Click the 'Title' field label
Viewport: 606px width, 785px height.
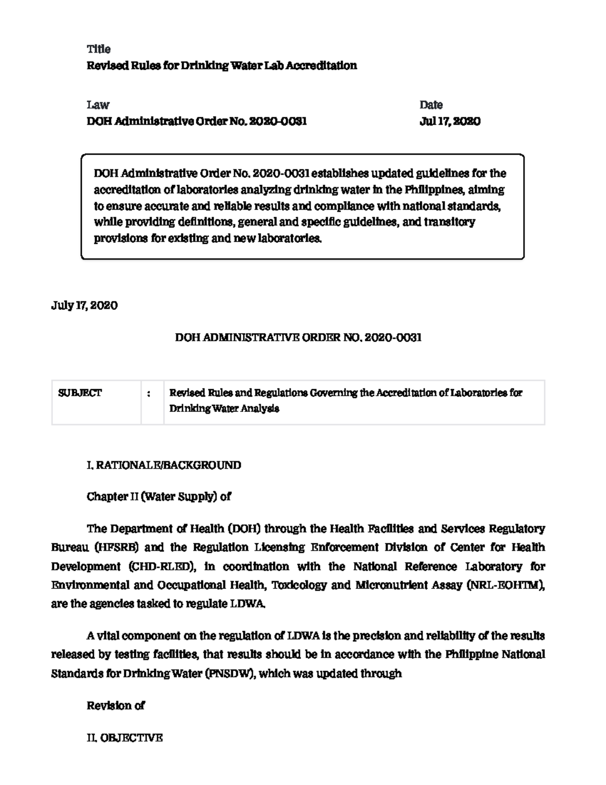click(x=98, y=49)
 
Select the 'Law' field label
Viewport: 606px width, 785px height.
click(x=98, y=105)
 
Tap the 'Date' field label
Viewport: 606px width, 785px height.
click(x=431, y=105)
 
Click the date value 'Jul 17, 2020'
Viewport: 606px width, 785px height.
click(x=449, y=121)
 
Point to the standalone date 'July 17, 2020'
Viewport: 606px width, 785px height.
click(x=84, y=305)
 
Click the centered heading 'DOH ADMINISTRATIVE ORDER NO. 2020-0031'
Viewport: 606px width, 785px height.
click(x=298, y=338)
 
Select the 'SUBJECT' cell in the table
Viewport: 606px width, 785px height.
click(x=80, y=393)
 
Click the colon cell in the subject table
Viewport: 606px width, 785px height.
click(x=148, y=394)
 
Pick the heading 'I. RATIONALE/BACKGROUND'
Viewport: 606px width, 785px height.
click(x=164, y=465)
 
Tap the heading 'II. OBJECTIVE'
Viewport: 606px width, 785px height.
click(x=125, y=738)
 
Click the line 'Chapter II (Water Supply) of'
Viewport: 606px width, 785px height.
click(x=159, y=496)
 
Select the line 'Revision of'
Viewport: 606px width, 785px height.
click(x=116, y=706)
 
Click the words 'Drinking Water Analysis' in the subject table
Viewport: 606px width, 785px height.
click(x=224, y=408)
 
